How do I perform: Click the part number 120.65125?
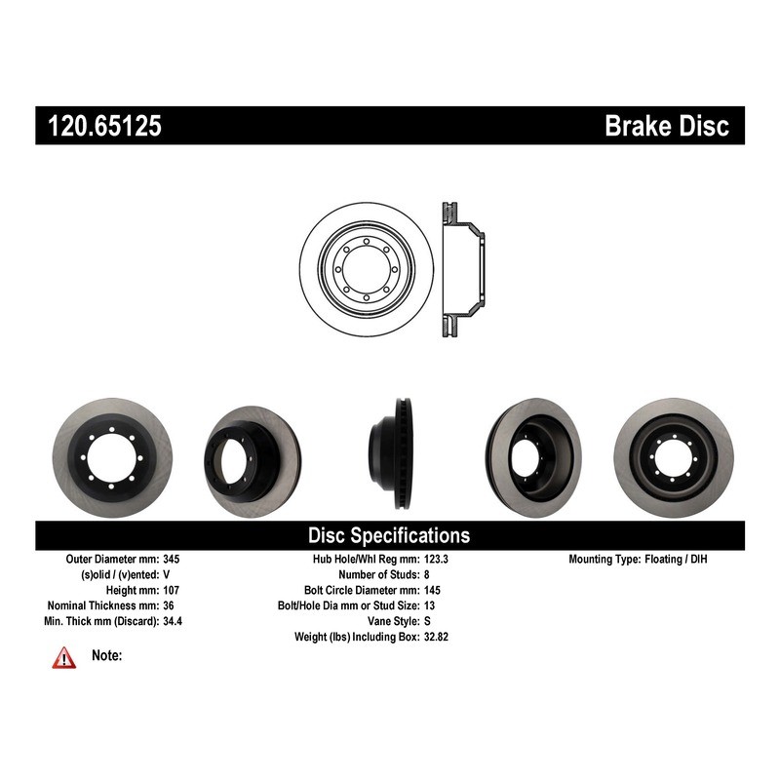click(x=104, y=126)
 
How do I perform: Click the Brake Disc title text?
click(x=667, y=126)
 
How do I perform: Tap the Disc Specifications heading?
click(x=389, y=535)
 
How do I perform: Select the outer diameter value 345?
click(x=172, y=559)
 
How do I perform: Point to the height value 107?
click(x=172, y=590)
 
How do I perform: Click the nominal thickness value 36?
click(x=169, y=605)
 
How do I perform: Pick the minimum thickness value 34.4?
click(x=173, y=621)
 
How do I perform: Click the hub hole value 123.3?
click(x=436, y=559)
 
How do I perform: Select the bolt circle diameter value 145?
click(x=432, y=590)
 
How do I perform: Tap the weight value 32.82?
click(x=436, y=637)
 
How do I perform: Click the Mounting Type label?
click(x=604, y=559)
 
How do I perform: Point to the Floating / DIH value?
click(x=676, y=559)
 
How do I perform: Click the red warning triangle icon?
click(x=64, y=657)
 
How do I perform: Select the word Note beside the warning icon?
click(x=107, y=655)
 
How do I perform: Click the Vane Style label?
click(x=394, y=621)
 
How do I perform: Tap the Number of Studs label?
click(x=379, y=574)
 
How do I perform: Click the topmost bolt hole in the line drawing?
click(x=367, y=242)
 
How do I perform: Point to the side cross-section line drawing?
click(x=463, y=270)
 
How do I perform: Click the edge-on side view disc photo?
click(x=391, y=453)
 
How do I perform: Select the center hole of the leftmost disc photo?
click(x=111, y=457)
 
